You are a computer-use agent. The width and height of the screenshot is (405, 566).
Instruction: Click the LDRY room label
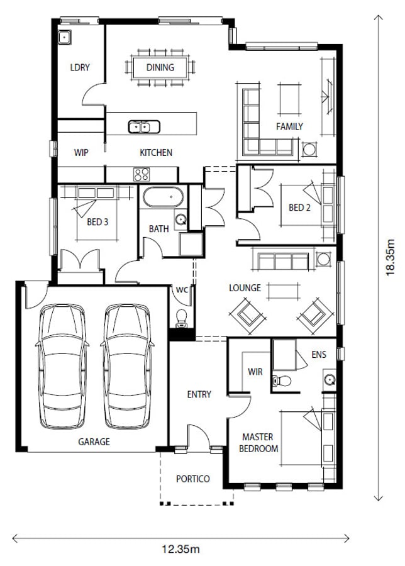click(x=80, y=67)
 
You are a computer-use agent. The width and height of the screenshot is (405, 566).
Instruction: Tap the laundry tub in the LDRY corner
click(x=65, y=37)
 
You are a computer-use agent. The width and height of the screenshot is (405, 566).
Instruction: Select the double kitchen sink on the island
click(x=144, y=127)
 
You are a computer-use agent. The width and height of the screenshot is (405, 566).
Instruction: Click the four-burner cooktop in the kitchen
click(x=141, y=174)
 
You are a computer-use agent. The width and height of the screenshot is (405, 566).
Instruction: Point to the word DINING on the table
click(x=160, y=67)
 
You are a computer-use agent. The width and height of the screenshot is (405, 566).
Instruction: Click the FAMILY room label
click(x=289, y=126)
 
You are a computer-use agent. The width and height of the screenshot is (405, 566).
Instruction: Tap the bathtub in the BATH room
click(x=163, y=197)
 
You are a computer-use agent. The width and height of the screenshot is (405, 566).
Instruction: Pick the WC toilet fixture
click(x=181, y=318)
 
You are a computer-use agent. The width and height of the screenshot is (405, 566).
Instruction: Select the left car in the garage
click(x=62, y=367)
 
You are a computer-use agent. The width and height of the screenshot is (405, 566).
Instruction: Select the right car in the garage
click(x=127, y=367)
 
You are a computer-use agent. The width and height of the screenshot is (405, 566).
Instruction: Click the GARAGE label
click(x=94, y=442)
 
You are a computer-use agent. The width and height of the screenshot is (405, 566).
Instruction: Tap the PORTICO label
click(x=193, y=479)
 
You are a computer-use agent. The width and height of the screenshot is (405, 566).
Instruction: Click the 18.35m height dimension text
click(x=390, y=258)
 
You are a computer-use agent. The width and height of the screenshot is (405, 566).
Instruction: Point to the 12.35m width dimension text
click(x=180, y=550)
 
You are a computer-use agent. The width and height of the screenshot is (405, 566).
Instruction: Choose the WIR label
click(x=255, y=372)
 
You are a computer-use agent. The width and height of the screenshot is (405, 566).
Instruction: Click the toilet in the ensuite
click(x=282, y=380)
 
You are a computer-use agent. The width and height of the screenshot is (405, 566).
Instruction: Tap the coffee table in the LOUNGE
click(x=284, y=291)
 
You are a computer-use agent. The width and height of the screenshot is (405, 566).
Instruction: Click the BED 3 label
click(x=97, y=222)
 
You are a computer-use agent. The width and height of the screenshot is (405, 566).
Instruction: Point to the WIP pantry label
click(x=81, y=153)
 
